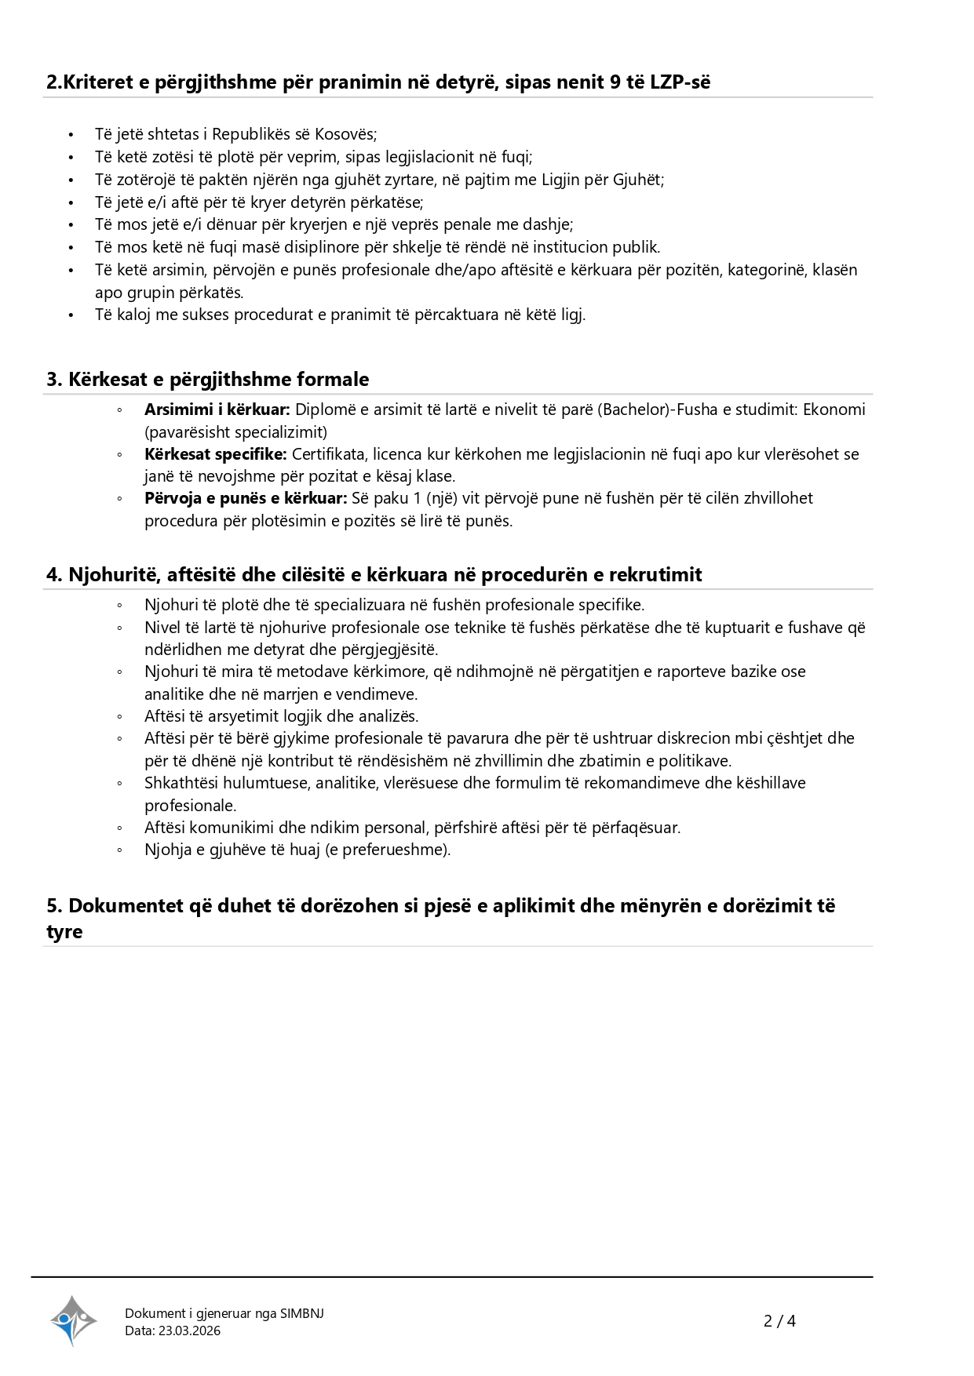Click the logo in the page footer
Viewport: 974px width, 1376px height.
[73, 1320]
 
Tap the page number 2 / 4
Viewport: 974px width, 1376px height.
[779, 1321]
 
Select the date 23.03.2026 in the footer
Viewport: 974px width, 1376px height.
[189, 1330]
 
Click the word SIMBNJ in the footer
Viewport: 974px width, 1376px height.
[302, 1313]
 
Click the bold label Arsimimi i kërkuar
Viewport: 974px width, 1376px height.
[217, 410]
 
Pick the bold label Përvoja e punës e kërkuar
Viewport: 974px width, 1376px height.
[246, 498]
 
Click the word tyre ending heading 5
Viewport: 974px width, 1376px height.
[64, 932]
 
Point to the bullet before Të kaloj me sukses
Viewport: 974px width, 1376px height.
[71, 315]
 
